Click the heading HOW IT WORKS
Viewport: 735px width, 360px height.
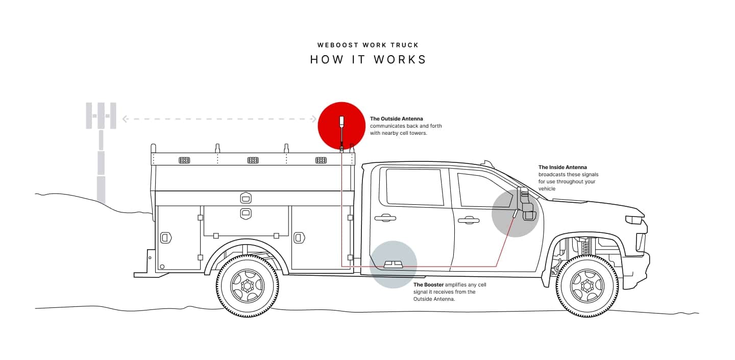(x=368, y=59)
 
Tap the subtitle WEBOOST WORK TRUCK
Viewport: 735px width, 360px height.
(x=368, y=45)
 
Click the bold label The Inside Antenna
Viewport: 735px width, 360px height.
(x=562, y=167)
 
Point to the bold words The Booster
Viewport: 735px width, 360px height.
(x=428, y=284)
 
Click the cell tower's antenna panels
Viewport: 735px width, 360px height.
(x=101, y=115)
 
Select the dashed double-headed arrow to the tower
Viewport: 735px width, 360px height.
(x=219, y=119)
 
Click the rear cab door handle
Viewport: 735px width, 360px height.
(x=385, y=218)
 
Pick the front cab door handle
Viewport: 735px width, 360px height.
(x=468, y=221)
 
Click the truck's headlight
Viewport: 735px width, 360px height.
(x=634, y=220)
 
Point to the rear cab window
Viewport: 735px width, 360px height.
(x=414, y=187)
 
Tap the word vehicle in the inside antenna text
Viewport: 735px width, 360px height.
(x=547, y=189)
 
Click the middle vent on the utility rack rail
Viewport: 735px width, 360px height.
(x=253, y=160)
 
